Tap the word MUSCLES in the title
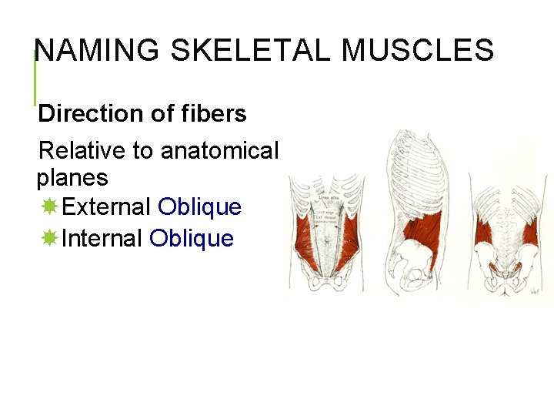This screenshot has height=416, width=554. [417, 51]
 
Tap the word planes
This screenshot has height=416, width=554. [72, 178]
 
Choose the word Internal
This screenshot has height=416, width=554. [102, 239]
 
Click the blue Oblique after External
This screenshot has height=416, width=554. [199, 207]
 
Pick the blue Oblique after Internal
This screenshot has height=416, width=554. [192, 239]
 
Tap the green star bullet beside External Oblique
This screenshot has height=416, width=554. [49, 207]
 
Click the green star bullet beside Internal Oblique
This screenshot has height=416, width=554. [49, 239]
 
